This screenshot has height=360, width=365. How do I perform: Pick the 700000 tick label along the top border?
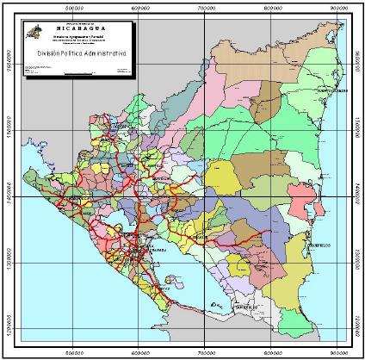pyautogui.click(x=206, y=7)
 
